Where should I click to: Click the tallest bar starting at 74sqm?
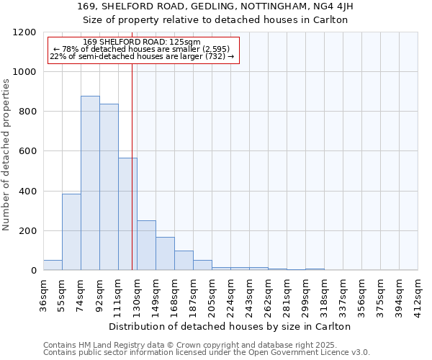pos(90,183)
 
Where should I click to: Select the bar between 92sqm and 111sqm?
pos(109,187)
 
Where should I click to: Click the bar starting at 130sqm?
pos(146,246)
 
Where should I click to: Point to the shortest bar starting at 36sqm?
pos(53,265)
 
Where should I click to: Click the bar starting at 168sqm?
pos(184,261)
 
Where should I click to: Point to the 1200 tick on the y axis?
pos(24,32)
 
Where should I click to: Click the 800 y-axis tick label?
pos(27,112)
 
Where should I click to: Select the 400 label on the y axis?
pos(27,192)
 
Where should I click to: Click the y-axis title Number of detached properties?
pos(7,155)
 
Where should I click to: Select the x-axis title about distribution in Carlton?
pos(230,326)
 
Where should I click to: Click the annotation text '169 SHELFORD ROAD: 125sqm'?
pos(142,42)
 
